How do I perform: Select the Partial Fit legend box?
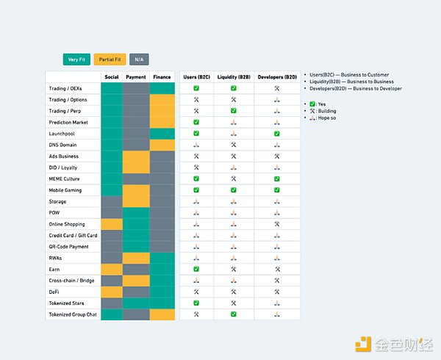[110, 59]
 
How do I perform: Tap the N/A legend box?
[139, 59]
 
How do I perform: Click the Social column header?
[112, 76]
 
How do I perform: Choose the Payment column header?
[136, 76]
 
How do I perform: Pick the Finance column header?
[162, 76]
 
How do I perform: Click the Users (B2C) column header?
[196, 76]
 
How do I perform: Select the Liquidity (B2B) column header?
[234, 76]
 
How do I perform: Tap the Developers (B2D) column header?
[277, 76]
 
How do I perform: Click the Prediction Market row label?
[68, 122]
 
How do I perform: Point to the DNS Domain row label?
[63, 145]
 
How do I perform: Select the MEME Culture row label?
[65, 179]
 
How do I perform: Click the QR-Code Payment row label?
[69, 247]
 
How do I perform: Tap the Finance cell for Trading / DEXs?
[162, 88]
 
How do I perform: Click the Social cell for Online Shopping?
[112, 224]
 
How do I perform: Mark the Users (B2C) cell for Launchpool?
[196, 134]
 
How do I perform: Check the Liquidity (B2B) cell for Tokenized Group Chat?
[234, 314]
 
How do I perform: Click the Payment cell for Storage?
[136, 201]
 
